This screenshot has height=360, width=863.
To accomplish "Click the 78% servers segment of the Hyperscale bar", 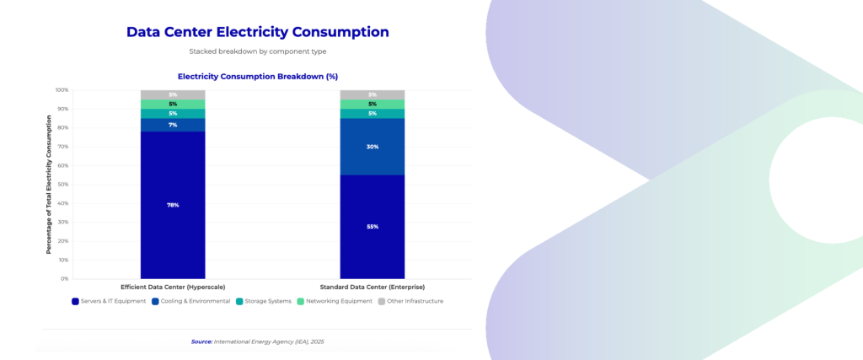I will tap(173, 205).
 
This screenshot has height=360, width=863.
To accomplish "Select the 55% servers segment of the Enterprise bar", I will tap(373, 226).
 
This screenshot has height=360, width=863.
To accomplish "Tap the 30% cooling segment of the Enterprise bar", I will tap(373, 147).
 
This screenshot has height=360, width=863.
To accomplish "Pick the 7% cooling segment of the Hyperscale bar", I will tap(173, 125).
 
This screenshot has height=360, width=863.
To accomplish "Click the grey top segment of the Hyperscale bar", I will tap(173, 94).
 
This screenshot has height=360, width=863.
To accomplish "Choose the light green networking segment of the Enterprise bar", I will tap(373, 104).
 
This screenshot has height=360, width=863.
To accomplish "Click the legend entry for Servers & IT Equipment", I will tap(109, 301).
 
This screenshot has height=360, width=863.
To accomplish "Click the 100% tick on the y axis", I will tap(62, 89).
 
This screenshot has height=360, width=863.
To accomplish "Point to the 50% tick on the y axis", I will tap(63, 184).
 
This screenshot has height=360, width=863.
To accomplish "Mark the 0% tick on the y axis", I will tap(65, 278).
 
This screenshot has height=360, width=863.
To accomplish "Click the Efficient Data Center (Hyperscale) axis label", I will tap(173, 287).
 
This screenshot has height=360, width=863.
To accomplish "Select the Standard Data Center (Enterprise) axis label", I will tap(373, 287).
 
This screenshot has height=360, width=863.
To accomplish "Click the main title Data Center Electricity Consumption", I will tap(257, 32).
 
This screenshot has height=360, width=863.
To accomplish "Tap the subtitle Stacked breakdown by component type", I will tap(257, 51).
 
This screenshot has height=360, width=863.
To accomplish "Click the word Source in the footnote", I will tap(201, 341).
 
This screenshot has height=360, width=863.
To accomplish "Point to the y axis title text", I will tap(49, 184).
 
